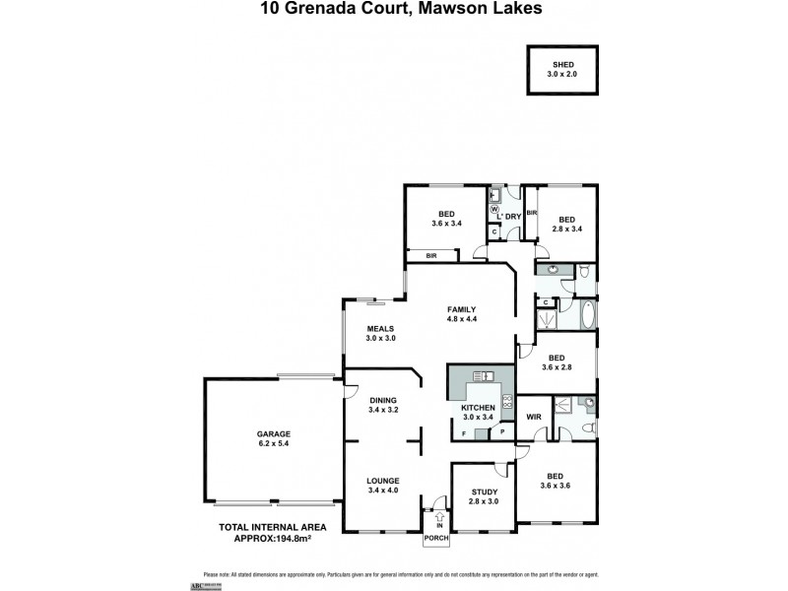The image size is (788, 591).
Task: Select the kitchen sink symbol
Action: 483,376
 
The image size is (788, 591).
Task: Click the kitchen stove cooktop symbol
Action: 506,401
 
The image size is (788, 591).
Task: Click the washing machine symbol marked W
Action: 494,209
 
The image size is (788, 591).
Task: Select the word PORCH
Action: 436,541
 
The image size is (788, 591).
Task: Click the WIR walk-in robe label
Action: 533,418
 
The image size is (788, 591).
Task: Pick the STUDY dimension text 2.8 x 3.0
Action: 484,502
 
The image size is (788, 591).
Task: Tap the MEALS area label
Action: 380,329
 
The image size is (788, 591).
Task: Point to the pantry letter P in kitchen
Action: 501,432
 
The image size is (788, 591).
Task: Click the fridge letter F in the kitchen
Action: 463,433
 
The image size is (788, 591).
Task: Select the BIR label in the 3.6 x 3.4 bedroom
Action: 431,255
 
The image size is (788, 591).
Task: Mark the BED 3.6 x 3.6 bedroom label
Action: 557,480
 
